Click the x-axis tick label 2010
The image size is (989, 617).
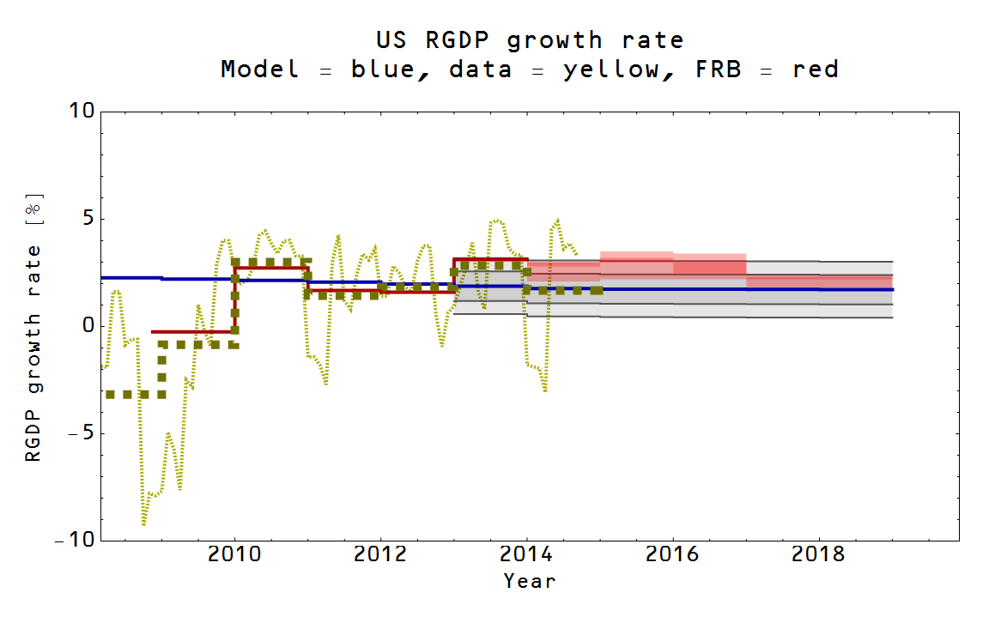[x=234, y=554]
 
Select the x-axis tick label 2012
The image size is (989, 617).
[x=380, y=554]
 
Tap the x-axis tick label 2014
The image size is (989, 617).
[x=527, y=554]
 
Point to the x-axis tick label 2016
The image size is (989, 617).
[x=673, y=554]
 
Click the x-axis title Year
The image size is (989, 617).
[x=530, y=581]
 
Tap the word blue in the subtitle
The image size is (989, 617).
[x=384, y=70]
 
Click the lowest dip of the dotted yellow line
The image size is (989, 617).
[x=143, y=523]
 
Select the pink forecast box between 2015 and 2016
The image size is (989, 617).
[x=636, y=264]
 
